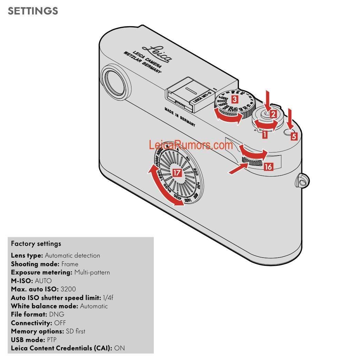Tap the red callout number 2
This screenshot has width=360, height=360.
pyautogui.click(x=273, y=114)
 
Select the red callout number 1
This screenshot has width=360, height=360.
pyautogui.click(x=265, y=135)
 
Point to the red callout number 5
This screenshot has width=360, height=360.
pyautogui.click(x=294, y=136)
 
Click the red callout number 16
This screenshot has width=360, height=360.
pyautogui.click(x=268, y=167)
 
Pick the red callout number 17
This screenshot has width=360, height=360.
pyautogui.click(x=177, y=173)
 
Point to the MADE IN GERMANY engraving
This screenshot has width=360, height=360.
pyautogui.click(x=180, y=117)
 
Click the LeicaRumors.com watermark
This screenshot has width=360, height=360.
pyautogui.click(x=191, y=145)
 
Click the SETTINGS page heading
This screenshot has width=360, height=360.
pyautogui.click(x=33, y=11)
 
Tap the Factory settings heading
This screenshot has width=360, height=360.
pyautogui.click(x=36, y=244)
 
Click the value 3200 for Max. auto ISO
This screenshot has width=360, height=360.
pyautogui.click(x=68, y=289)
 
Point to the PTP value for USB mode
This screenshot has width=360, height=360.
pyautogui.click(x=52, y=340)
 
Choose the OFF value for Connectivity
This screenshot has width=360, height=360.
pyautogui.click(x=60, y=323)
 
